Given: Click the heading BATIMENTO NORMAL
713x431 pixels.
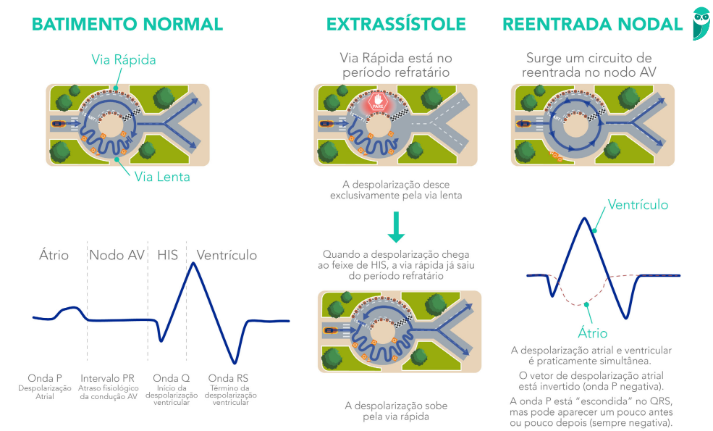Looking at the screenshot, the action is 127,24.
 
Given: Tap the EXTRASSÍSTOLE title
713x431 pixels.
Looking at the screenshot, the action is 396,24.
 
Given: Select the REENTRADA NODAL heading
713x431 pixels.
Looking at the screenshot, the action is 593,24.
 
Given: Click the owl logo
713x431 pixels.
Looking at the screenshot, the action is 701,24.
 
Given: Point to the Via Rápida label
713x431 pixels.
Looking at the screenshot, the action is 124,59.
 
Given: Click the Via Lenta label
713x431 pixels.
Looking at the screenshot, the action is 162,177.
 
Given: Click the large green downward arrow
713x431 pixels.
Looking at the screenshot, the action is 396,227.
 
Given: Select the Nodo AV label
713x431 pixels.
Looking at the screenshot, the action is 117,255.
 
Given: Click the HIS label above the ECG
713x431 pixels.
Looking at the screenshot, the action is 167,255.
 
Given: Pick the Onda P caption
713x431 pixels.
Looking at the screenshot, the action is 45,378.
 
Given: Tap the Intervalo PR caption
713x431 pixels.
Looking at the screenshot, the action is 107,378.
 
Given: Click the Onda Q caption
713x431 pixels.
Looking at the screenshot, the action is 172,378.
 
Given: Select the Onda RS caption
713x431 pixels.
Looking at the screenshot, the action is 228,378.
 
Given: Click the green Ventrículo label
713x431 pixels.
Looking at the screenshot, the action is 638,205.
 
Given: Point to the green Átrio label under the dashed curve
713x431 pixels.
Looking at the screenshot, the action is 593,334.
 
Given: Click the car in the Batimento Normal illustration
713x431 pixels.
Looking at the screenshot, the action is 58,123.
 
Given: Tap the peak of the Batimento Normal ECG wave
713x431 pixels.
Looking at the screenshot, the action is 193,263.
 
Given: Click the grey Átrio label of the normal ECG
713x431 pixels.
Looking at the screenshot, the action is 54,255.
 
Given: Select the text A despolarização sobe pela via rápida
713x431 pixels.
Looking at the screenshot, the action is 396,411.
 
